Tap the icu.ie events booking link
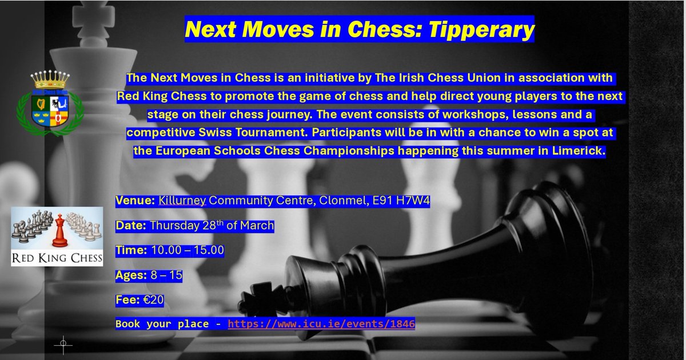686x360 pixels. coord(321,324)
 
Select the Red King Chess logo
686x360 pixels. coord(57,237)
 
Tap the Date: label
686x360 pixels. coord(130,226)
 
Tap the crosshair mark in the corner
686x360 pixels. coord(63,343)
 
